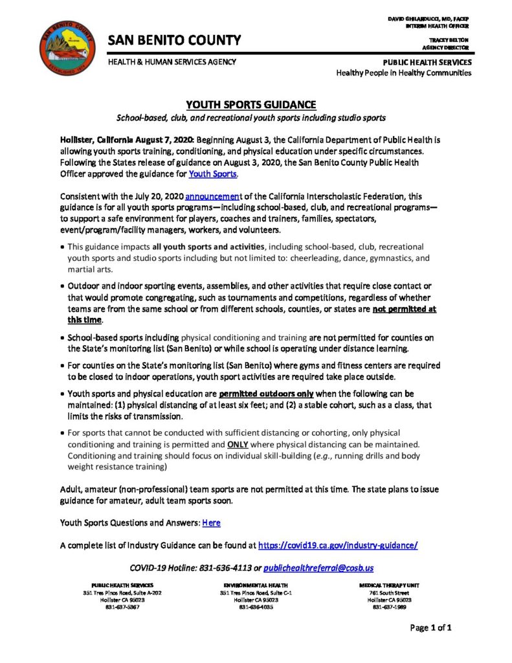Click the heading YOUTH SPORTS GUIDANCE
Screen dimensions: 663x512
(x=251, y=104)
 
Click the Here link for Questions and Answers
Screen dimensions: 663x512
(x=212, y=522)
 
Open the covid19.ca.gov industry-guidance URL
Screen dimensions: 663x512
(x=337, y=545)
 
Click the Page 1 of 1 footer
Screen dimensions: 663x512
(x=430, y=627)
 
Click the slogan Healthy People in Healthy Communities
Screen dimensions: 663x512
(x=403, y=73)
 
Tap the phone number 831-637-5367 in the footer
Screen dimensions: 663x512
(x=122, y=607)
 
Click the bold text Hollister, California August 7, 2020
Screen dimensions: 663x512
(x=127, y=139)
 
